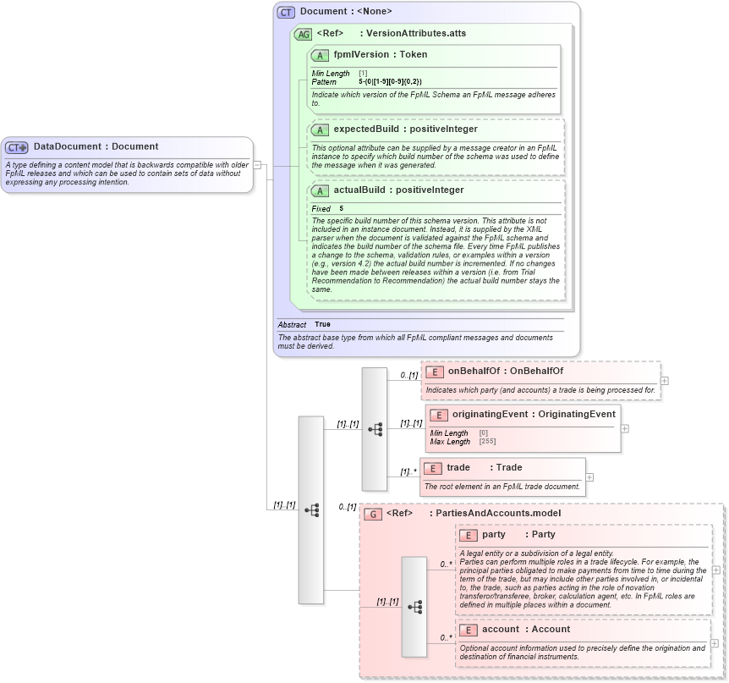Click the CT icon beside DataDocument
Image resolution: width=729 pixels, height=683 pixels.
pyautogui.click(x=18, y=147)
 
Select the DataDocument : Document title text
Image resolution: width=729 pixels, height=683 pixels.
pyautogui.click(x=96, y=146)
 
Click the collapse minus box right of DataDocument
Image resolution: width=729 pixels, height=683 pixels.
pyautogui.click(x=257, y=165)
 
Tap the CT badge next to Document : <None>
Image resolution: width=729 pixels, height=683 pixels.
pyautogui.click(x=287, y=12)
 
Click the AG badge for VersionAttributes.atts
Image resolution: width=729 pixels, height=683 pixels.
pyautogui.click(x=303, y=34)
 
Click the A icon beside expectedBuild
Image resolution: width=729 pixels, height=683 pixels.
pyautogui.click(x=320, y=129)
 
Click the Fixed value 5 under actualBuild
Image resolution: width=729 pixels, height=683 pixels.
pyautogui.click(x=342, y=208)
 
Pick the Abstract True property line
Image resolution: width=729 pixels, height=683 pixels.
pyautogui.click(x=304, y=324)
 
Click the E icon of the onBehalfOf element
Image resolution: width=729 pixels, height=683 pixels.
pyautogui.click(x=434, y=372)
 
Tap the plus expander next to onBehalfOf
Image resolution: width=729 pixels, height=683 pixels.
pyautogui.click(x=664, y=381)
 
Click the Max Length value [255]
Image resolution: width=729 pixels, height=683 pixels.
pyautogui.click(x=487, y=441)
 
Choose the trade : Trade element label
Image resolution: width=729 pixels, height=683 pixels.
pyautogui.click(x=484, y=467)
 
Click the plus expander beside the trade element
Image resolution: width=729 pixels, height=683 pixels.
pyautogui.click(x=589, y=477)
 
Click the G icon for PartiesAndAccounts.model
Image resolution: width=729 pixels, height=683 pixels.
pyautogui.click(x=372, y=514)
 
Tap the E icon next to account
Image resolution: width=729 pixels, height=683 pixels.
pyautogui.click(x=468, y=630)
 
